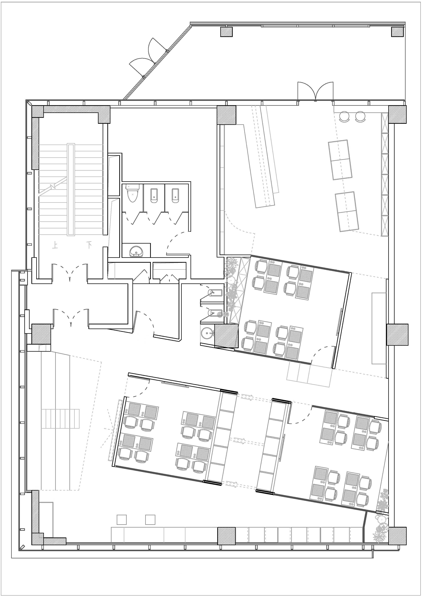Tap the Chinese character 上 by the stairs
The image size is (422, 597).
[55, 245]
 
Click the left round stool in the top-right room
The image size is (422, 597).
[345, 116]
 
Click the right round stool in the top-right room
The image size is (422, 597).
[360, 116]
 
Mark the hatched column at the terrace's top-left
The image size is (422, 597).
[226, 32]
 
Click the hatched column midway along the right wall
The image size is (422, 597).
[397, 335]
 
